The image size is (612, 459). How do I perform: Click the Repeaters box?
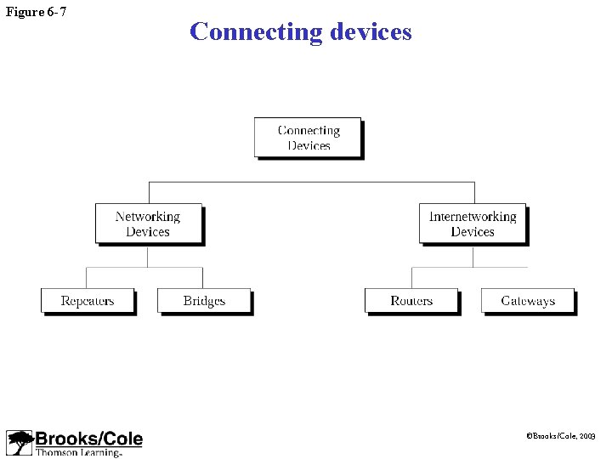click(88, 301)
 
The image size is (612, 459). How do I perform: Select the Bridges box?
click(204, 301)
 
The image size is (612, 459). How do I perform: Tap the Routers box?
click(411, 301)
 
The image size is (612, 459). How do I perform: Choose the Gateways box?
click(528, 301)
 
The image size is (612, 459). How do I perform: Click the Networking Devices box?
click(148, 224)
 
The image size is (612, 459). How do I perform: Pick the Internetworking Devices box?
click(473, 224)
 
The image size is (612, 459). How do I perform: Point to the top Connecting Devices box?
click(308, 138)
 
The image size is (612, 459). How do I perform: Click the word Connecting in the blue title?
click(254, 32)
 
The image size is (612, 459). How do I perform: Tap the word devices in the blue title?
click(370, 32)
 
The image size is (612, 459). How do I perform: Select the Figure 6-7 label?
click(36, 11)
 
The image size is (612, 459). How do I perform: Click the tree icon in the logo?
click(19, 443)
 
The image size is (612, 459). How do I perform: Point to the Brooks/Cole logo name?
click(88, 439)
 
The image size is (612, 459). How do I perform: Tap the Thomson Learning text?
click(78, 452)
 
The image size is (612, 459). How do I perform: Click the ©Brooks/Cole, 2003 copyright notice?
click(562, 435)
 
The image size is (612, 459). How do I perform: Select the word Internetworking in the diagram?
click(473, 217)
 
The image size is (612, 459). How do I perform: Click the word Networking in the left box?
click(148, 217)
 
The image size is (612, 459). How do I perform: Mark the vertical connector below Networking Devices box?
click(148, 257)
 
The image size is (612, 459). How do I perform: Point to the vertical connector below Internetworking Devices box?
click(473, 257)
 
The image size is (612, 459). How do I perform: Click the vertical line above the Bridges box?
click(202, 278)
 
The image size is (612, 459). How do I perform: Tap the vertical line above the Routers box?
click(412, 278)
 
